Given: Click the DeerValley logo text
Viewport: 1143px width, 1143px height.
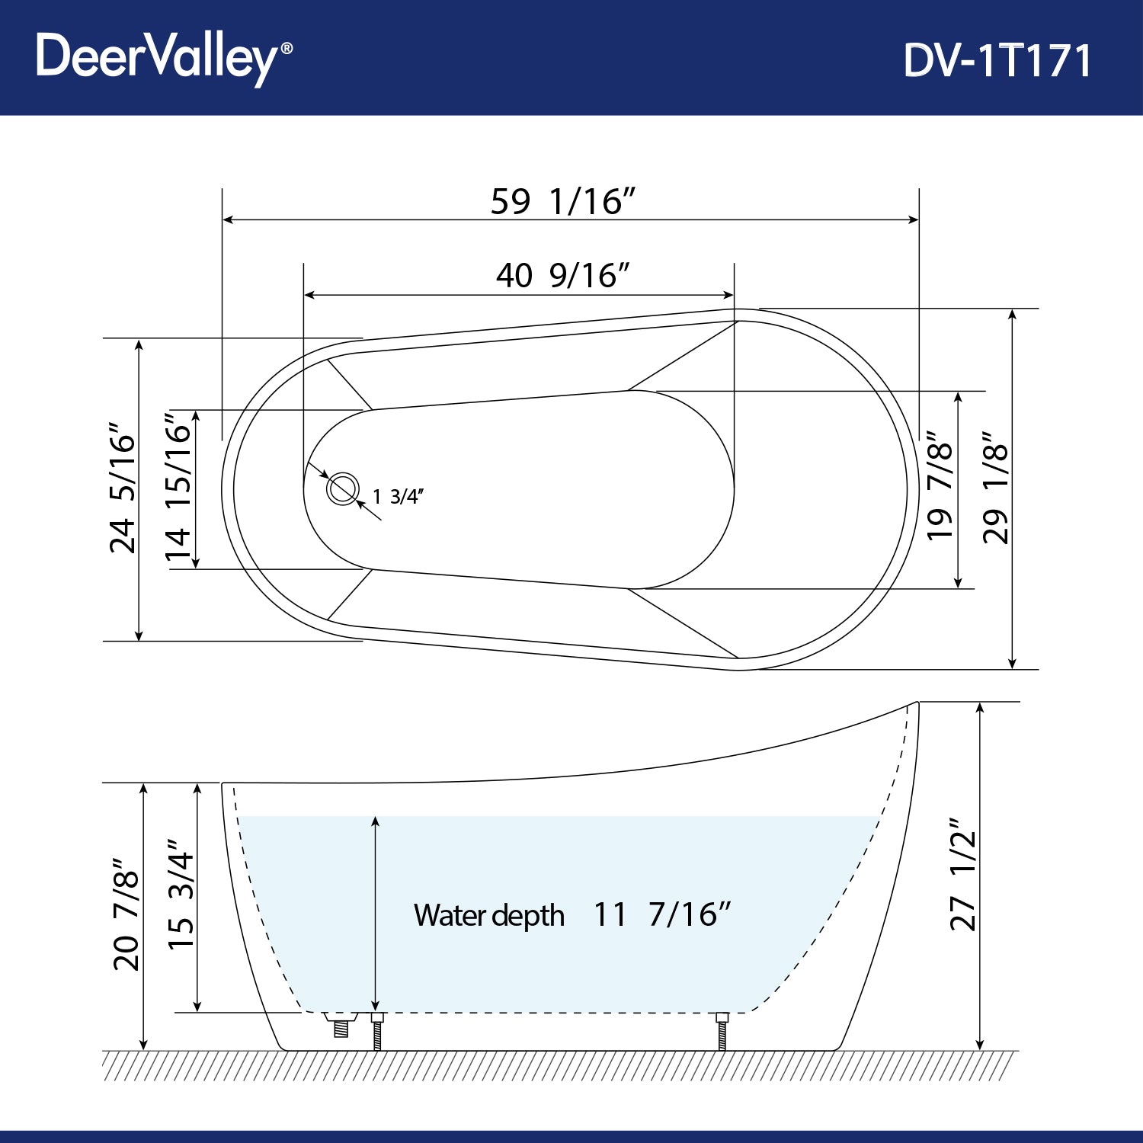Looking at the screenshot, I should (x=156, y=57).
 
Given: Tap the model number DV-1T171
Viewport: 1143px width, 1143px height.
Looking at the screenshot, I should (x=997, y=60).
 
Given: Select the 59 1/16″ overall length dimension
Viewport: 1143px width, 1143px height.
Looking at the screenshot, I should (x=562, y=202).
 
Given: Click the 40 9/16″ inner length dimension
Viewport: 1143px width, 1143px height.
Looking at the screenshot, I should (x=562, y=275).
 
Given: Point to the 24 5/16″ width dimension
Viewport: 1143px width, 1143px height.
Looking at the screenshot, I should (x=123, y=488).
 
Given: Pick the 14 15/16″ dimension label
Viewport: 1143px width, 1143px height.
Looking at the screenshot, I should (x=178, y=488).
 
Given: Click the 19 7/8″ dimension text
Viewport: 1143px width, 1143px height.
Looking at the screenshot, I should (x=940, y=488).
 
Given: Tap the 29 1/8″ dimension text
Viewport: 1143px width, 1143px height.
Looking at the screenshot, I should (x=995, y=488).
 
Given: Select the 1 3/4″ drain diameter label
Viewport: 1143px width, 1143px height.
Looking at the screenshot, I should (x=398, y=497).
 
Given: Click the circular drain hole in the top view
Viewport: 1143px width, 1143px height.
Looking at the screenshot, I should (x=343, y=488).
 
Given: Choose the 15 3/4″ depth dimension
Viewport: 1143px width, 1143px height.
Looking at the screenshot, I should (x=181, y=896).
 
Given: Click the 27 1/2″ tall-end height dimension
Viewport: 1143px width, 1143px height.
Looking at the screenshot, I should (x=962, y=875).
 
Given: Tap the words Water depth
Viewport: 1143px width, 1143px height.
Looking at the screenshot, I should (x=488, y=915).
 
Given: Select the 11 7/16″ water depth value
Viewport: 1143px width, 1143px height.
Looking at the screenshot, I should (x=661, y=914).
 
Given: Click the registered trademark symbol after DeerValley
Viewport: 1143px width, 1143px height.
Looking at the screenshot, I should (x=287, y=48).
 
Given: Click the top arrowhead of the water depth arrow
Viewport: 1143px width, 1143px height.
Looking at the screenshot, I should (x=376, y=821).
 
